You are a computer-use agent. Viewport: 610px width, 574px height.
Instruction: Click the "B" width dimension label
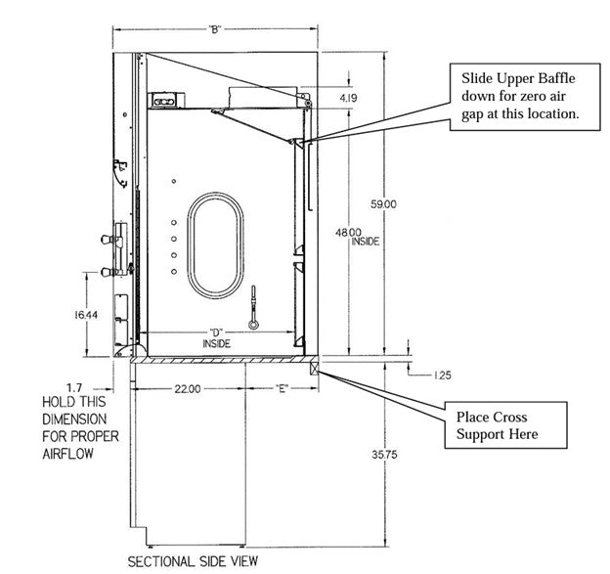click(214, 29)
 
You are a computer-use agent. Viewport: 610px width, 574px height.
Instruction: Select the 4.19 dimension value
click(348, 98)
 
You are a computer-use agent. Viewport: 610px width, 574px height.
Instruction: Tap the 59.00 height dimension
click(383, 204)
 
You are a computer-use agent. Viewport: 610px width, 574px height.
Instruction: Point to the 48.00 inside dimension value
click(348, 233)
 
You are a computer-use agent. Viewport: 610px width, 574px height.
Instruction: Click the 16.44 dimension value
click(86, 315)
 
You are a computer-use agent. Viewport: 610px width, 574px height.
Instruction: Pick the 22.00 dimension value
click(188, 389)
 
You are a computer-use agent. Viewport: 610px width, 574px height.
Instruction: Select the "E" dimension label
click(282, 388)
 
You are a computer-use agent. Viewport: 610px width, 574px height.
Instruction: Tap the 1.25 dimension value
click(442, 375)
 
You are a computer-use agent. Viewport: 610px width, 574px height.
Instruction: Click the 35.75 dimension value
click(384, 454)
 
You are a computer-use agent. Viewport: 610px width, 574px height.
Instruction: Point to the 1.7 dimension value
click(74, 388)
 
